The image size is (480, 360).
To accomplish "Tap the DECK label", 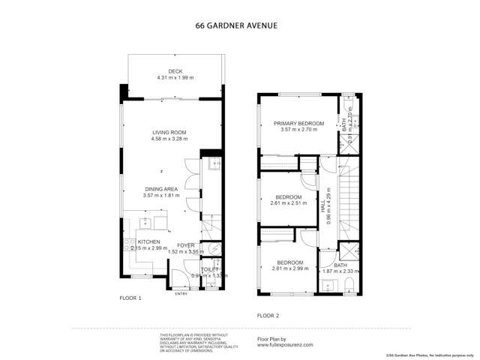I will [x=175, y=72].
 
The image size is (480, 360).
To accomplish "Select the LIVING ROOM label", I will [x=169, y=132].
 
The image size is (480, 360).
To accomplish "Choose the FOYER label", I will [x=185, y=245].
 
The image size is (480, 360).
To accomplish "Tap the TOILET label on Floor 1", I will [x=210, y=268].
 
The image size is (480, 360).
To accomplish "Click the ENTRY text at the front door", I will [x=181, y=293].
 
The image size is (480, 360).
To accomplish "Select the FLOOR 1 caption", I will [x=130, y=298].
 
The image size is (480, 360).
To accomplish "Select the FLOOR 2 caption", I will [x=268, y=316].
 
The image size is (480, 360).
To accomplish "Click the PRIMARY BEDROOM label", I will [x=298, y=123].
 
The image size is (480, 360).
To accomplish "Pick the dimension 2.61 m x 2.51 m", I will [x=286, y=203].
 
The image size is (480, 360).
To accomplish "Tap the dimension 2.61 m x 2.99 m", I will [x=286, y=268].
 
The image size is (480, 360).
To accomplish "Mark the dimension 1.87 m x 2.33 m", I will [x=340, y=271].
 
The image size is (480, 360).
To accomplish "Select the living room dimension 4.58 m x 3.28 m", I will [x=169, y=139].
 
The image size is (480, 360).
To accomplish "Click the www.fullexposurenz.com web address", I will [x=284, y=345].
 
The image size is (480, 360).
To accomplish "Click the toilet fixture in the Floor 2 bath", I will [x=350, y=283].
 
